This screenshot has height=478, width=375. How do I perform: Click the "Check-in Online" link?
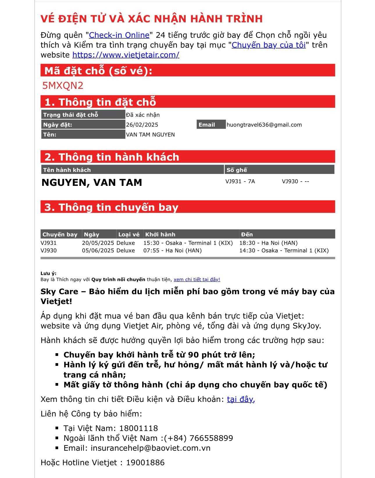tap(119, 35)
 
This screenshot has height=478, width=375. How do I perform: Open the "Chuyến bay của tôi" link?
tap(268, 45)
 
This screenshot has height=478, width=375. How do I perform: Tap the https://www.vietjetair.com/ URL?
tap(126, 55)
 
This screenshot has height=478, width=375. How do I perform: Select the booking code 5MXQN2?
tap(63, 85)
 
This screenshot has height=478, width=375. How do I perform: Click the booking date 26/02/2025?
tap(142, 125)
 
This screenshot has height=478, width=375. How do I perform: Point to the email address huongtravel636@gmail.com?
tap(264, 125)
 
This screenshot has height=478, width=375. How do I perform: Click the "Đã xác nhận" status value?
tap(142, 115)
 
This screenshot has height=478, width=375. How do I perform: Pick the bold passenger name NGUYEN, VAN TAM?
tap(92, 182)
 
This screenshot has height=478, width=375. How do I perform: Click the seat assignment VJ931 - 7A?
tap(240, 182)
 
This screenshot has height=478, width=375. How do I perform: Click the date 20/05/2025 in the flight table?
tap(98, 243)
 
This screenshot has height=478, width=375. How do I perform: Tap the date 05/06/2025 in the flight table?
tap(98, 251)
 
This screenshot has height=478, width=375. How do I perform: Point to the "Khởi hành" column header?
tap(160, 234)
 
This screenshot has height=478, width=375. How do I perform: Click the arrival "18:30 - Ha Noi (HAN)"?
tap(268, 243)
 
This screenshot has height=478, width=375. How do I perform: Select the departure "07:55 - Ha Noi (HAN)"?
tap(172, 251)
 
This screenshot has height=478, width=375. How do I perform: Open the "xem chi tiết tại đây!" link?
tap(197, 279)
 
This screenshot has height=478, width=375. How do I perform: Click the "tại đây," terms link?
tap(241, 399)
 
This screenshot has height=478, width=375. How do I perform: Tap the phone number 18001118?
tap(138, 428)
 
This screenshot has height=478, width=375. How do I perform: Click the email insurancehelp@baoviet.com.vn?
tap(150, 448)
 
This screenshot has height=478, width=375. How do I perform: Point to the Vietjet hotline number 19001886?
tap(145, 463)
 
